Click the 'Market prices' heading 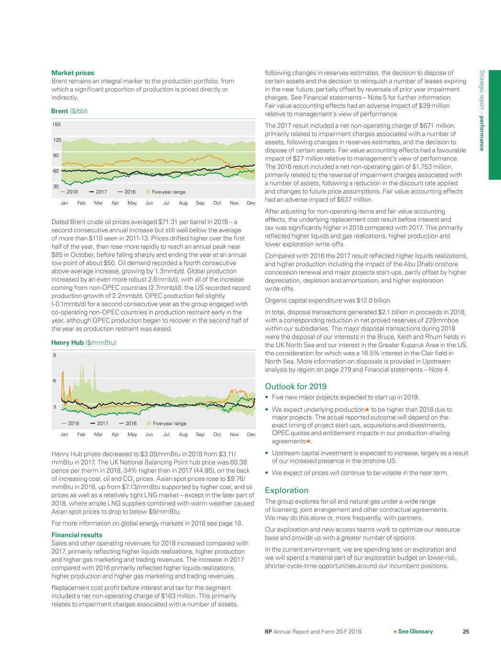click(x=73, y=73)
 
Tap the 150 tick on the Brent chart click(x=56, y=125)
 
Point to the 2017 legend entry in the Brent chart click(x=98, y=192)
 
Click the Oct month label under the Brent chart click(x=217, y=203)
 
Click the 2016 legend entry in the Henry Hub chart click(x=128, y=423)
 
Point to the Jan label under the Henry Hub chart click(x=64, y=434)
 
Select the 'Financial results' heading click(x=76, y=535)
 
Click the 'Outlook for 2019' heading click(x=295, y=386)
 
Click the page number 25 click(x=466, y=631)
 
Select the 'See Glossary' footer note click(x=413, y=631)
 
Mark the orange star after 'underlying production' click(x=367, y=409)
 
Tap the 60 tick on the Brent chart click(x=55, y=171)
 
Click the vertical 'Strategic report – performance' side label click(x=482, y=110)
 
